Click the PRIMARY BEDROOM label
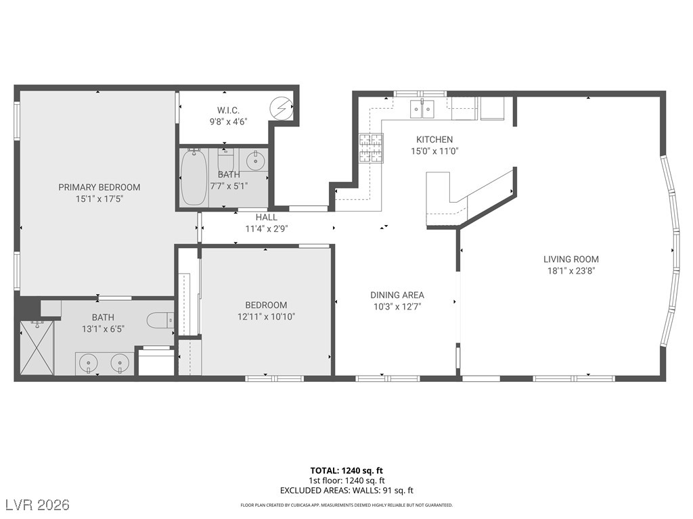(99, 187)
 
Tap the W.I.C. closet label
(228, 110)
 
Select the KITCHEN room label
(434, 139)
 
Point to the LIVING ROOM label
(571, 259)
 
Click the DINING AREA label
(397, 295)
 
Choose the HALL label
(267, 217)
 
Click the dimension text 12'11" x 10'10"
(266, 316)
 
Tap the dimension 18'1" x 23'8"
(571, 271)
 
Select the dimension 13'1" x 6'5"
(103, 329)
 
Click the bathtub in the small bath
(194, 178)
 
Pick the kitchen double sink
(422, 109)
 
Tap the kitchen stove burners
(371, 148)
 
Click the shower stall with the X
(37, 348)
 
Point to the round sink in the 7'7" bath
(255, 160)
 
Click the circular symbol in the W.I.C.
(281, 107)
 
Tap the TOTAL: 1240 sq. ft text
(346, 470)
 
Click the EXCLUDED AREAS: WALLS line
(346, 491)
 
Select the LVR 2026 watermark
(37, 505)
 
